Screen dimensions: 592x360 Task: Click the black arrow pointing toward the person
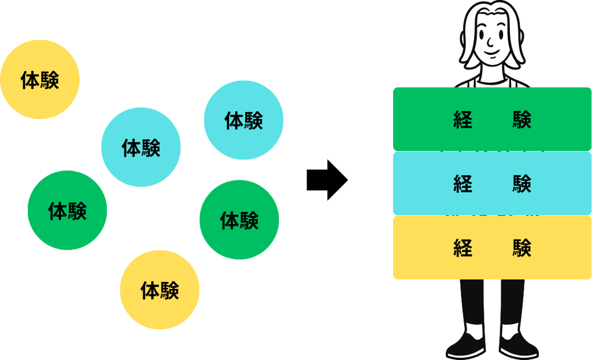(327, 180)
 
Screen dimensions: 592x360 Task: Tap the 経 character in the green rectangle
(463, 120)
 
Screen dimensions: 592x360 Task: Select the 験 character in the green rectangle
(522, 120)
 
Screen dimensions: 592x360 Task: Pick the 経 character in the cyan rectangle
(463, 184)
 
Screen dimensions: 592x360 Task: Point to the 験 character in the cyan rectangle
(522, 184)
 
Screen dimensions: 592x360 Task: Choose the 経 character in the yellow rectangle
(463, 248)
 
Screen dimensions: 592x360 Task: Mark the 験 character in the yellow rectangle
(522, 248)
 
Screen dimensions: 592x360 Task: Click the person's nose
(490, 42)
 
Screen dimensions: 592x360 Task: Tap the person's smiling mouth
(492, 51)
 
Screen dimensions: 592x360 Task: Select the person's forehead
(490, 19)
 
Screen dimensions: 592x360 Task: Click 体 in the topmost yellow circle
(30, 80)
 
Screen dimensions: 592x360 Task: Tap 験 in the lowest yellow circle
(169, 290)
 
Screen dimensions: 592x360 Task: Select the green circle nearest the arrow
(239, 220)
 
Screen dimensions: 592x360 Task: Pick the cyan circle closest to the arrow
(243, 120)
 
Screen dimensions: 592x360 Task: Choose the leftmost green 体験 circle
(67, 210)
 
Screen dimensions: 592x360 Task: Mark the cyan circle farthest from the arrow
(141, 147)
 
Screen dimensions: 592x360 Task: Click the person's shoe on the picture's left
(466, 344)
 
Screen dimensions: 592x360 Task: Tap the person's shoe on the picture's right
(519, 344)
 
